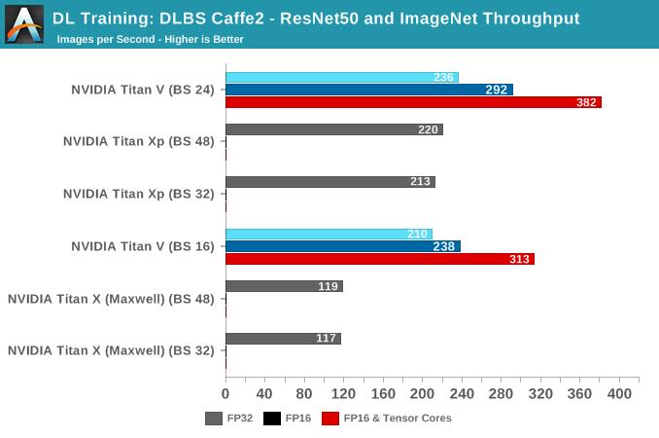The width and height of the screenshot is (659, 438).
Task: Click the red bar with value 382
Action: [x=413, y=102]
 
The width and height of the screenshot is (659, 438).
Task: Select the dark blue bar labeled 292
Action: [x=369, y=90]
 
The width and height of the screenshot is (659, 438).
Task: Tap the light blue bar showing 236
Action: [x=341, y=77]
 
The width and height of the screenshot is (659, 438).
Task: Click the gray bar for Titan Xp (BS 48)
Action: [x=333, y=129]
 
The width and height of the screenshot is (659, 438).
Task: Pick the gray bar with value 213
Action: [x=330, y=181]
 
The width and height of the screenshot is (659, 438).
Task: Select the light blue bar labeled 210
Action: [x=329, y=234]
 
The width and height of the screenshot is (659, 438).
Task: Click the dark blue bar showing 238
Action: [x=342, y=246]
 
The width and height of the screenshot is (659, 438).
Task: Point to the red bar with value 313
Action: [x=379, y=259]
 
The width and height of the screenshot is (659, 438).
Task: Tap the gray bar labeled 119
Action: [x=284, y=286]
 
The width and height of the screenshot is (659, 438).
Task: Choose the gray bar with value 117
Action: [x=283, y=339]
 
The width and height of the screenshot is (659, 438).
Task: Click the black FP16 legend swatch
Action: [x=272, y=419]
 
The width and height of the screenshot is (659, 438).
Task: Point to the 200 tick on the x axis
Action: [x=422, y=394]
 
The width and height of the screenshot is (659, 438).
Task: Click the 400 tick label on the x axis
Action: [x=618, y=394]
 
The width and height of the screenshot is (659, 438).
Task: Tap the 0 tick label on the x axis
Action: [x=225, y=394]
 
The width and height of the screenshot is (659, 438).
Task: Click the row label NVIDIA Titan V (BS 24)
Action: [x=142, y=90]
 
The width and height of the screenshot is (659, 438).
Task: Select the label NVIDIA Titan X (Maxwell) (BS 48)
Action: [x=111, y=299]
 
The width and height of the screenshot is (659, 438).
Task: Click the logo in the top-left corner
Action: [x=24, y=24]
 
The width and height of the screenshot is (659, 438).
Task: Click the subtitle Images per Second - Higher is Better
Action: [x=150, y=40]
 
